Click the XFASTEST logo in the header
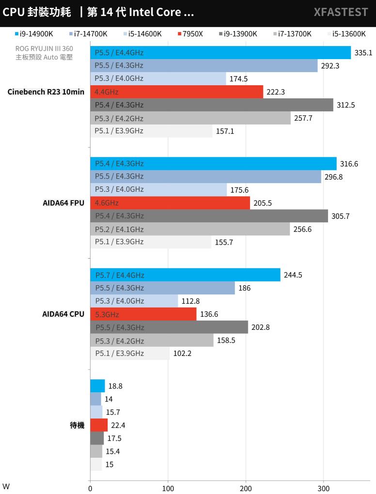341,13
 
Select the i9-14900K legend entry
34,34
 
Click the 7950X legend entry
190,34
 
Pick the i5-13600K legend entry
346,34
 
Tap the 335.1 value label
363,53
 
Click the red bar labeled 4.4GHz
176,92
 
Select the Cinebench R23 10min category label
46,92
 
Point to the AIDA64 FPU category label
63,203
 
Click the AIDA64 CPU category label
63,314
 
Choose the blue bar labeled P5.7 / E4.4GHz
185,275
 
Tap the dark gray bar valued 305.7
209,216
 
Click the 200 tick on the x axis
246,487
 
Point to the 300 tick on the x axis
324,487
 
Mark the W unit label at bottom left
6,486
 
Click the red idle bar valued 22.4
99,425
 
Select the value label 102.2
182,354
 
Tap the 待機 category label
77,426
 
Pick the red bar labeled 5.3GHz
143,314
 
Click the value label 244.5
293,275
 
